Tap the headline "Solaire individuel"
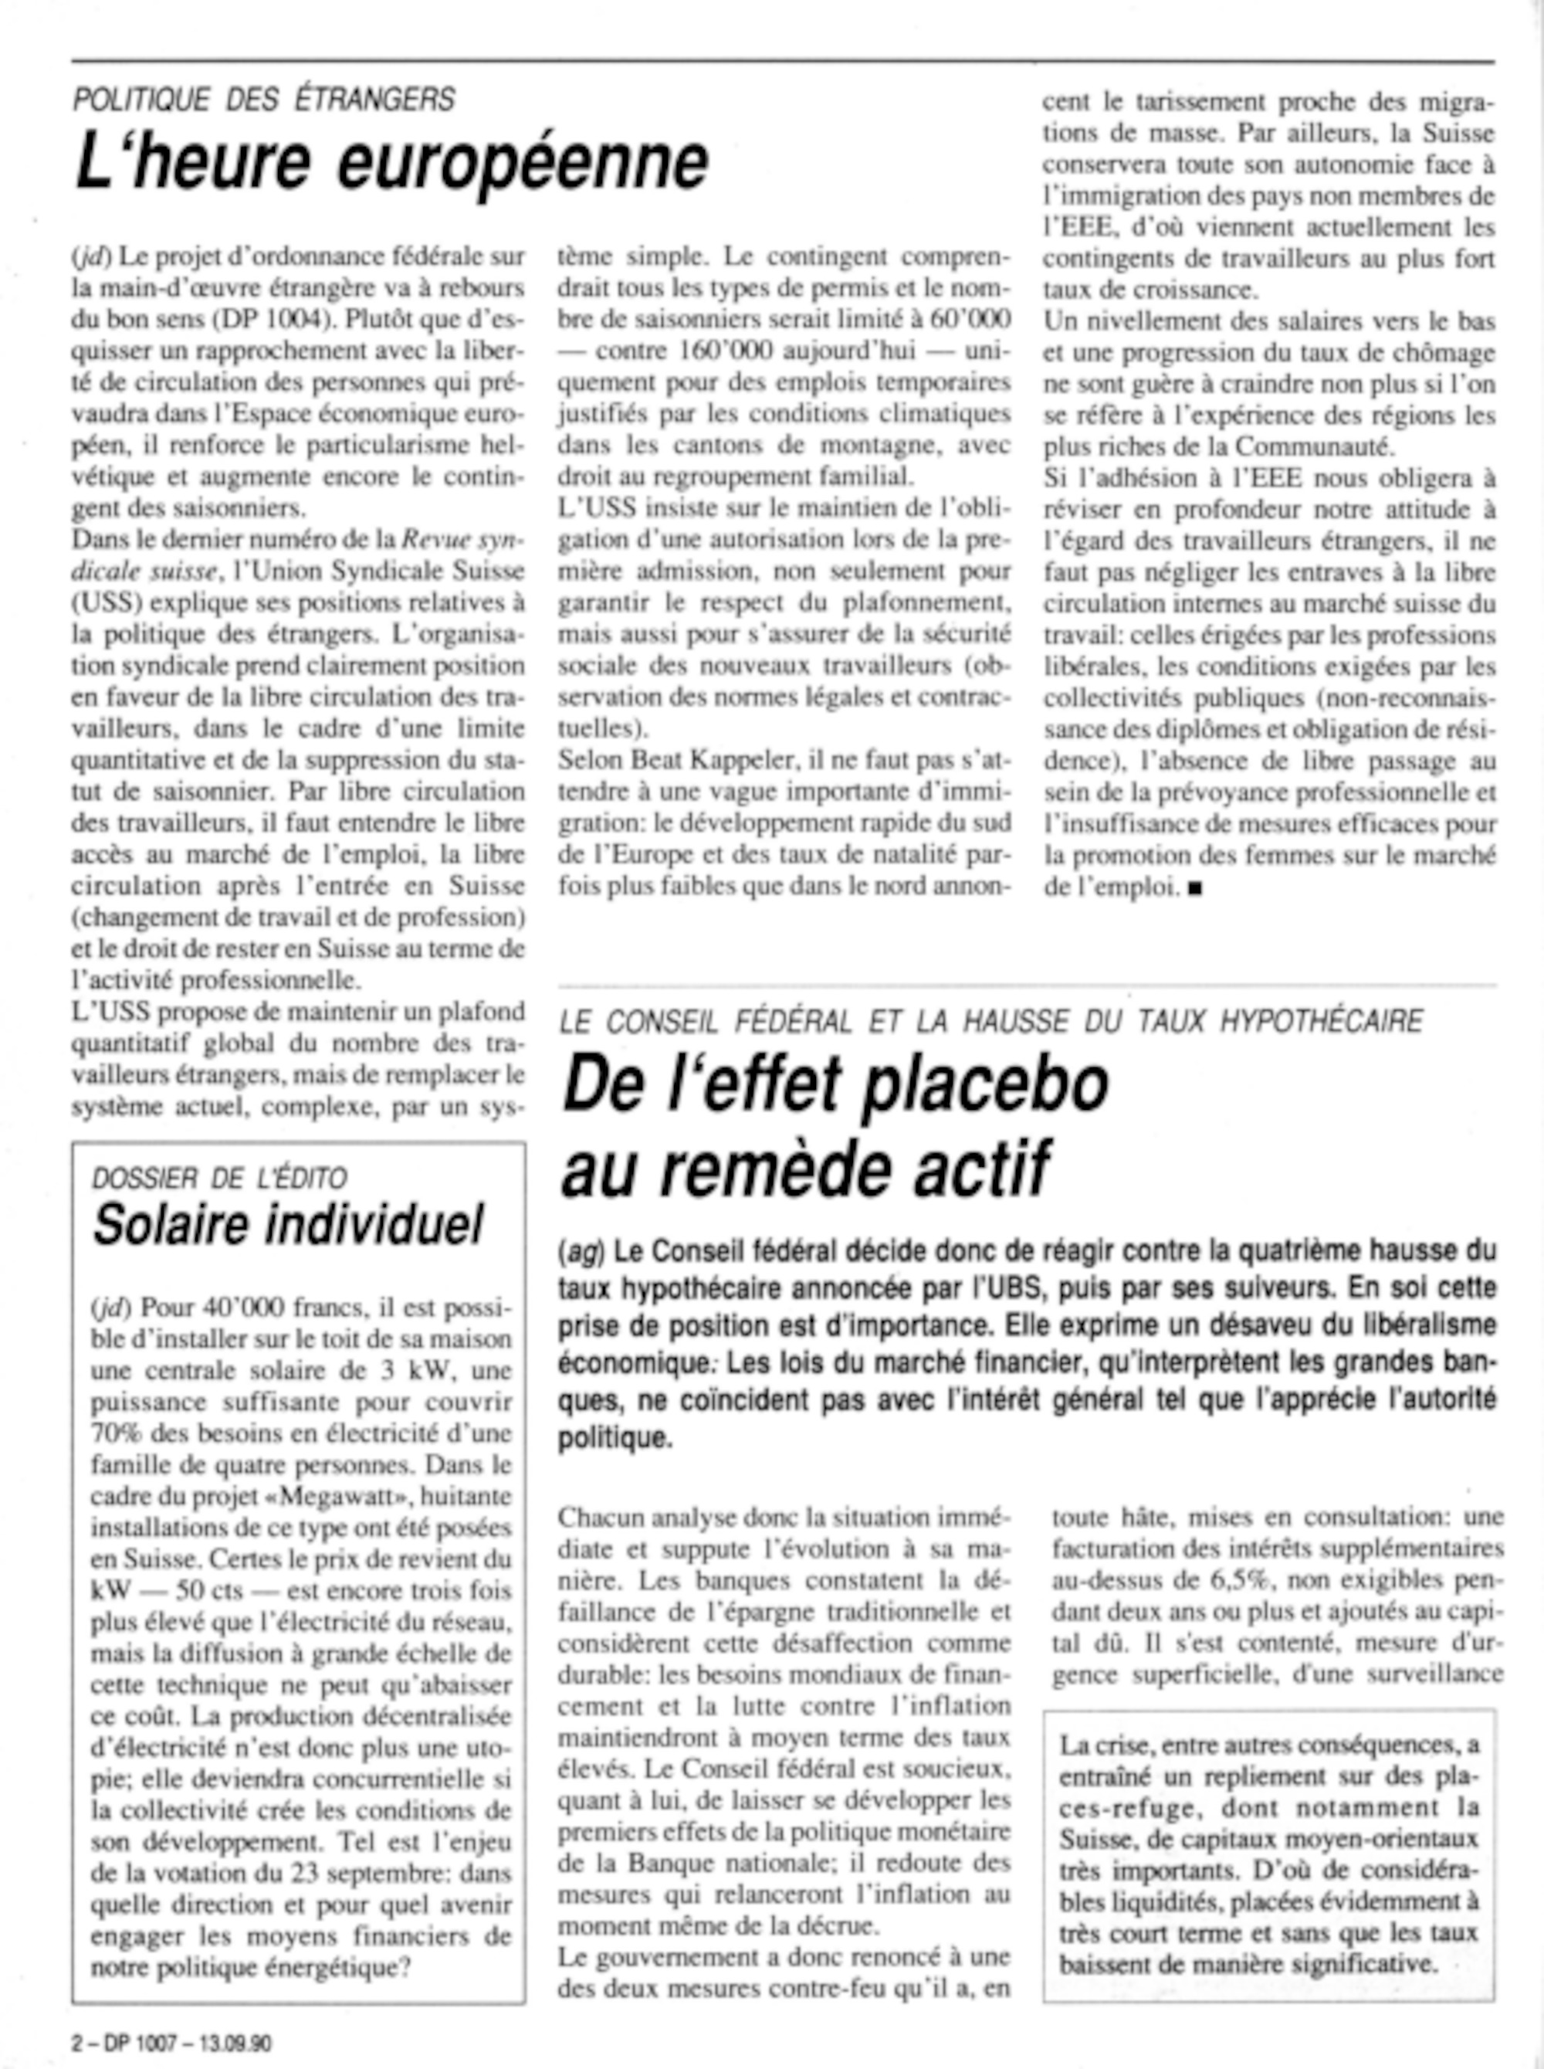pyautogui.click(x=288, y=1224)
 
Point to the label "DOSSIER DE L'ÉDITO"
pyautogui.click(x=220, y=1178)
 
